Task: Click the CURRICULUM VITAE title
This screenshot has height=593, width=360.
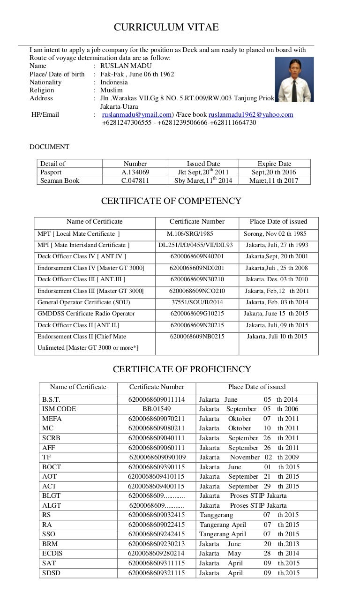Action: [166, 28]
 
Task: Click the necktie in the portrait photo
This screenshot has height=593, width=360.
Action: [294, 89]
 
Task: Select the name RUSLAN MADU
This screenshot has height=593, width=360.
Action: [126, 66]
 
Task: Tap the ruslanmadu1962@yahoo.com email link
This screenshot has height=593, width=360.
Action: [251, 114]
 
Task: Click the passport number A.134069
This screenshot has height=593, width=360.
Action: [135, 172]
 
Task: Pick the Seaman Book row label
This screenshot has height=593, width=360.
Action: [60, 180]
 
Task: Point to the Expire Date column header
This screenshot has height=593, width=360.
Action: [274, 164]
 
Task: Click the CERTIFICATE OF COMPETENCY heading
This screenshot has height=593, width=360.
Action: [171, 201]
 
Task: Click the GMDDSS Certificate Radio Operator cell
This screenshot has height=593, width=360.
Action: [86, 314]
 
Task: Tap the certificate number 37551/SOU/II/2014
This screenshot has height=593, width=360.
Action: [197, 302]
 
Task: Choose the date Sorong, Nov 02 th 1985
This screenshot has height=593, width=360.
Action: [275, 233]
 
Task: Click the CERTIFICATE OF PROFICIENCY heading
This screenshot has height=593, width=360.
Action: [182, 369]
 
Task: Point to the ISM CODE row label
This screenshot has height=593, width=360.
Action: [59, 409]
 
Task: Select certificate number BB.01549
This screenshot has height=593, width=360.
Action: [157, 409]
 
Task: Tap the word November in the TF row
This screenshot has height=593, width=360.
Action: [245, 457]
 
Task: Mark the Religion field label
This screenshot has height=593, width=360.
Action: [42, 90]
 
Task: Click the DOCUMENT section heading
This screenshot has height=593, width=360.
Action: [49, 147]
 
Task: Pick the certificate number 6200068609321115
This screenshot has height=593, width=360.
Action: [157, 573]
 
